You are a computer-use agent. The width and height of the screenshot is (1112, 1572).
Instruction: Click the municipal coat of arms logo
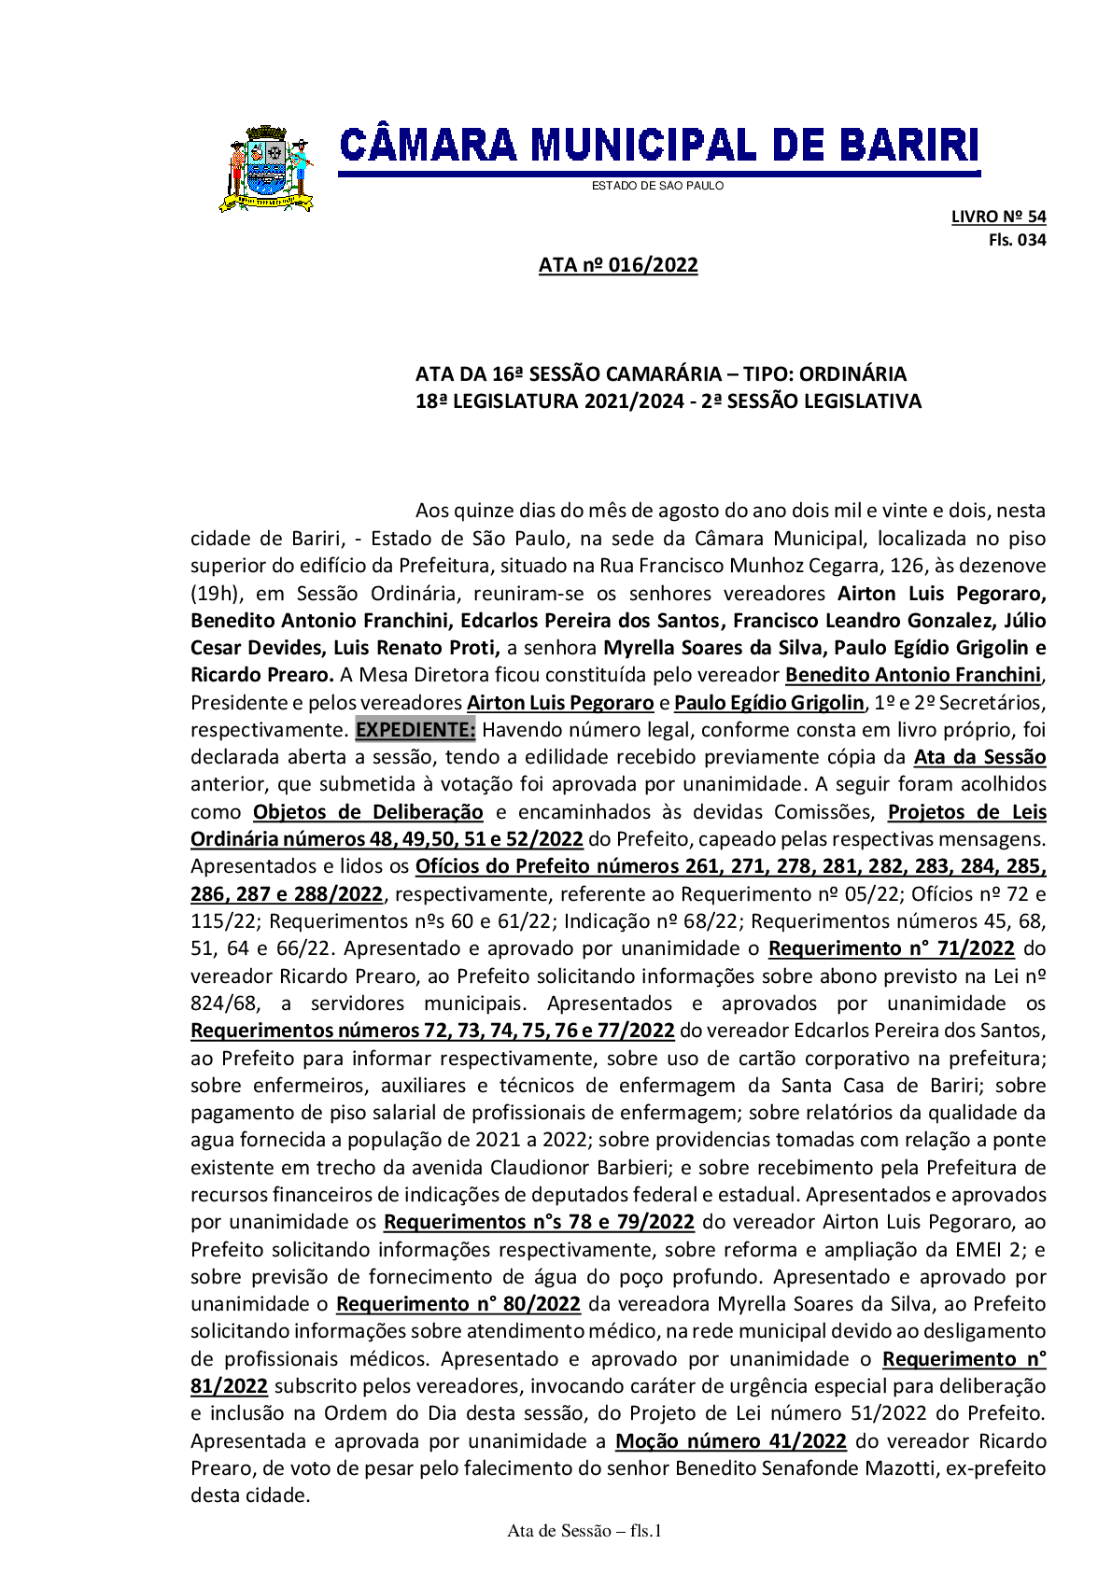(x=266, y=169)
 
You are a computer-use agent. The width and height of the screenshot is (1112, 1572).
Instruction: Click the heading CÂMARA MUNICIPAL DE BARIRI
(x=659, y=146)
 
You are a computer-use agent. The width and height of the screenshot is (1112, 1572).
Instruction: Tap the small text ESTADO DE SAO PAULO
(x=657, y=186)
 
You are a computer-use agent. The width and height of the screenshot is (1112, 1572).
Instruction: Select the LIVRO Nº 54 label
(x=998, y=217)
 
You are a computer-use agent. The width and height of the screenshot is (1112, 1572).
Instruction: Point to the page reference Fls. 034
(x=1017, y=240)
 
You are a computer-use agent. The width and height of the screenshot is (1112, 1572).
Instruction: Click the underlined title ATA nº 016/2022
(x=618, y=265)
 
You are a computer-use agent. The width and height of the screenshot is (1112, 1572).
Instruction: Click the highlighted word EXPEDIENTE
(x=415, y=729)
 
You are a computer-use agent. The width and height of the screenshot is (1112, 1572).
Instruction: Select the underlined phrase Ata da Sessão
(x=979, y=757)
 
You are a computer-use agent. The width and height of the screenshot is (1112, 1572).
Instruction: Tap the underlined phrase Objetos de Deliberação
(x=368, y=812)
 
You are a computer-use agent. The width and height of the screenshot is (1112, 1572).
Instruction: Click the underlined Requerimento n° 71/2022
(x=891, y=948)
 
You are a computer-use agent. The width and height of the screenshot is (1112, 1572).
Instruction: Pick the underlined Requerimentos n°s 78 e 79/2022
(x=539, y=1222)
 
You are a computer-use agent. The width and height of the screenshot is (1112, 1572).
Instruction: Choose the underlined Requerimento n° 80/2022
(x=458, y=1304)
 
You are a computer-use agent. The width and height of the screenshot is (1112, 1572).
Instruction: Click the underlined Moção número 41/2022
(x=730, y=1441)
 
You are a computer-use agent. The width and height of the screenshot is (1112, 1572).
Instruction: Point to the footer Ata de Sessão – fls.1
(x=584, y=1531)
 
